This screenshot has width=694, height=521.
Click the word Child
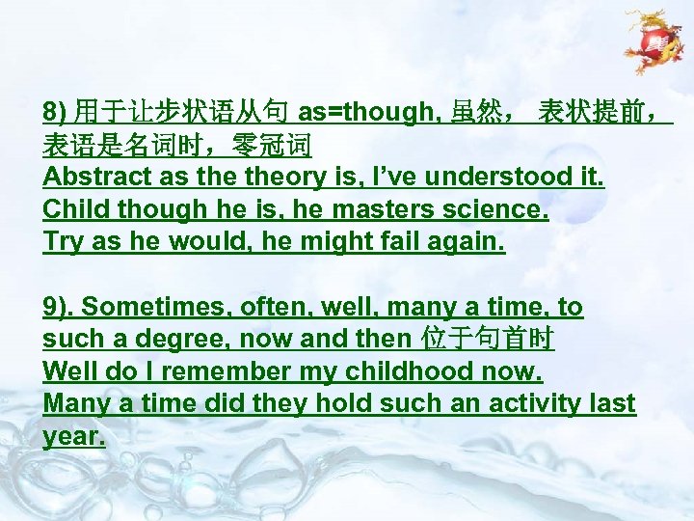click(x=72, y=209)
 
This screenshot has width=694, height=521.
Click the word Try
click(x=61, y=242)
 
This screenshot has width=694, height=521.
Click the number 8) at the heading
click(x=55, y=113)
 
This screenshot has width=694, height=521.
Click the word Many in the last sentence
click(x=77, y=403)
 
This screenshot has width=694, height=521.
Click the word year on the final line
click(x=72, y=436)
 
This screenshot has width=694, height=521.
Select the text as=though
click(x=365, y=113)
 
